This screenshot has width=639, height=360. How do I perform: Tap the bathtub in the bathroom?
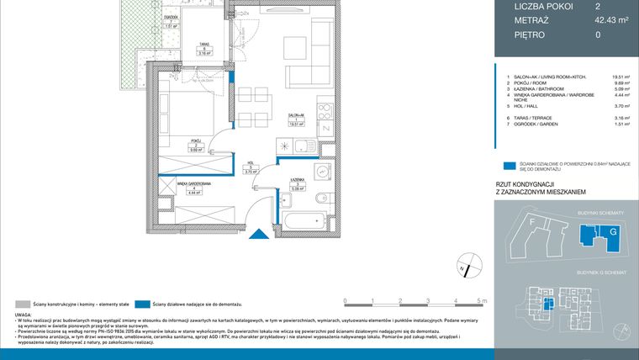pyautogui.click(x=303, y=223)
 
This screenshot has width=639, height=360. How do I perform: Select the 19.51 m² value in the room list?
pyautogui.click(x=621, y=77)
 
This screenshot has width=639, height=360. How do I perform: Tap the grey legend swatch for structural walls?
pyautogui.click(x=22, y=303)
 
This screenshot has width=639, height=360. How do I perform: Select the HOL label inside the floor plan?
pyautogui.click(x=250, y=166)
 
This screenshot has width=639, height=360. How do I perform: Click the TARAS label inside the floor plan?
pyautogui.click(x=203, y=46)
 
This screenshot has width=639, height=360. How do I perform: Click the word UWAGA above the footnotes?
pyautogui.click(x=23, y=315)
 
